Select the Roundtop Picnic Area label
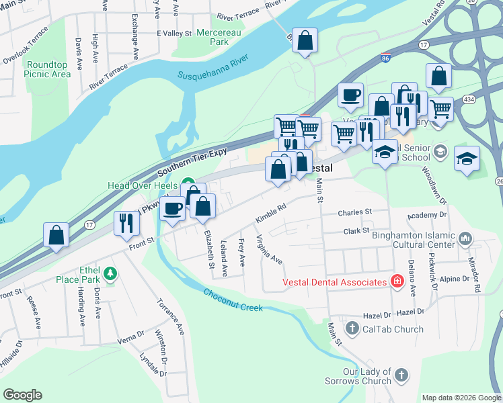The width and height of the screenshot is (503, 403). pyautogui.click(x=48, y=69)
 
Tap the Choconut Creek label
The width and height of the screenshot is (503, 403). pyautogui.click(x=232, y=300)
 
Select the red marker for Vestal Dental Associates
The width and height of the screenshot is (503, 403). pyautogui.click(x=397, y=282)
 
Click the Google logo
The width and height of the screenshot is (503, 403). pyautogui.click(x=22, y=395)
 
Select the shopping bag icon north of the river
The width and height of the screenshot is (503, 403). pyautogui.click(x=305, y=40)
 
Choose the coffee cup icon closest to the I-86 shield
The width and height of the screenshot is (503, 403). pyautogui.click(x=350, y=96)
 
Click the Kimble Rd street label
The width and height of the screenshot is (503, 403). pyautogui.click(x=271, y=214)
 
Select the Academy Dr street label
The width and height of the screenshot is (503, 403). pyautogui.click(x=427, y=215)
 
